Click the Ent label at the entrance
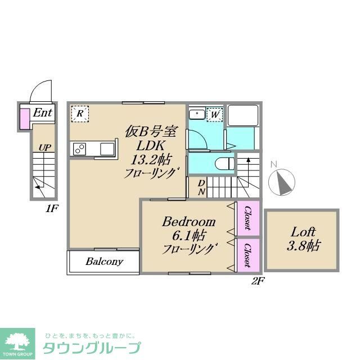pos(42,113)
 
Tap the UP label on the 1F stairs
pos(45,147)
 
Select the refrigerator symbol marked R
pos(80,114)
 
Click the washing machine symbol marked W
pos(214,114)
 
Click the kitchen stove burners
pos(80,148)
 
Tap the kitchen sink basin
pos(107,148)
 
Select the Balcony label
pos(104,262)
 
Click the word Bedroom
pos(189,221)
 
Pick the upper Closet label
pos(247,219)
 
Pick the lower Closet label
pos(247,255)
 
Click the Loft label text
pos(303,231)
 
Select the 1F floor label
pos(51,208)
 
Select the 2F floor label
pos(256,281)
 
